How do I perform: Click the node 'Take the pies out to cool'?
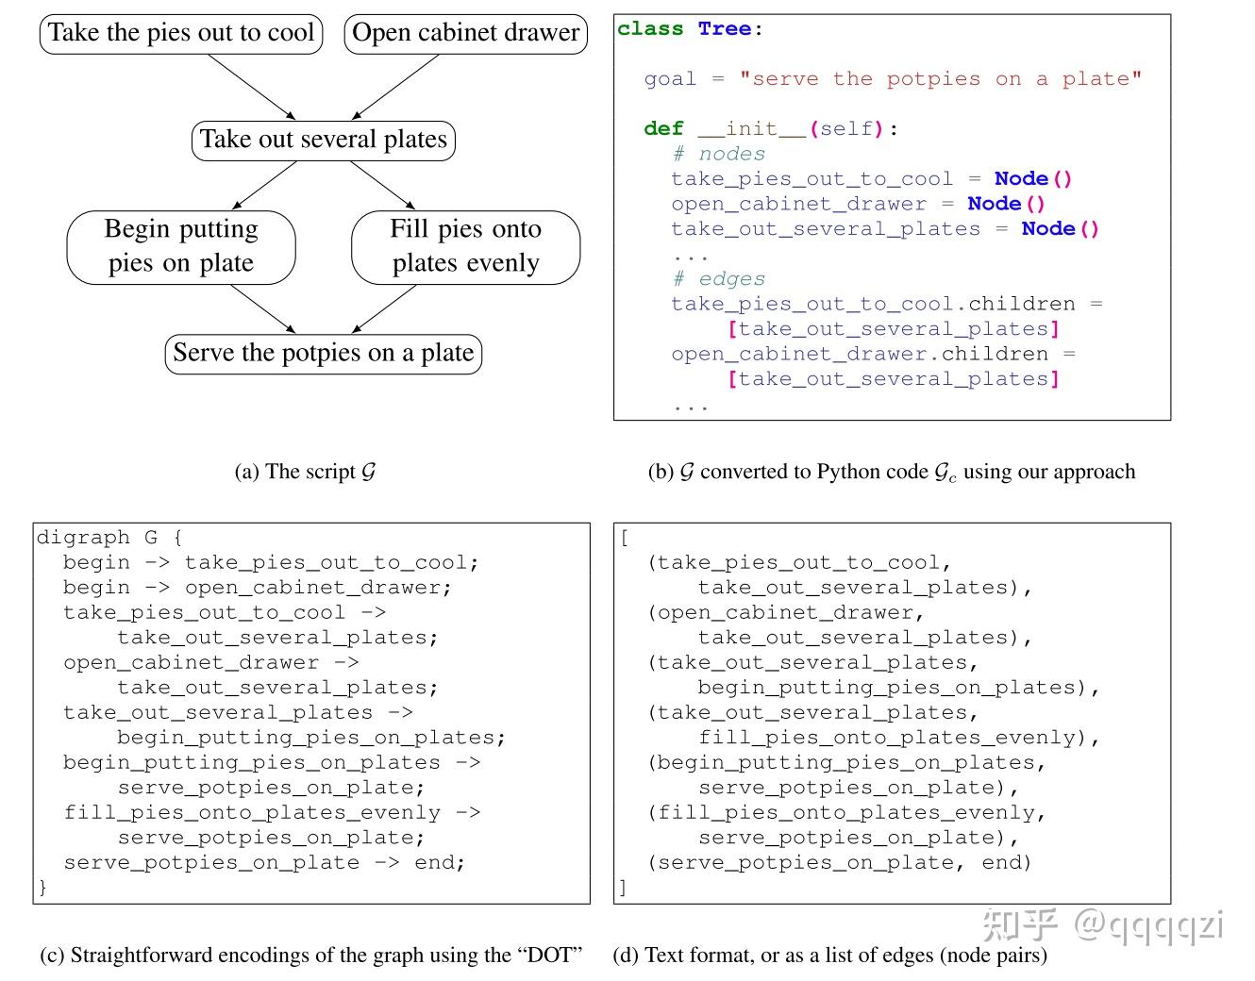(x=181, y=33)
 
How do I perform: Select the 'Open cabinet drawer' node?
(x=465, y=33)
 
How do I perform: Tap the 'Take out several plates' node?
(x=324, y=140)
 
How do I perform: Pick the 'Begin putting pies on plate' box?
(x=181, y=246)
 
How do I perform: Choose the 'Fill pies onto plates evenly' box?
(x=465, y=246)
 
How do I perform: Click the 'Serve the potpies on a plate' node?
(x=324, y=354)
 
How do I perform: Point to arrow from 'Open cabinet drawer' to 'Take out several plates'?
(x=396, y=87)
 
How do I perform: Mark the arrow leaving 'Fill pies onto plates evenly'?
(x=384, y=309)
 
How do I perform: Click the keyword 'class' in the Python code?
(x=650, y=29)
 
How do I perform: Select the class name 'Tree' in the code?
(x=724, y=29)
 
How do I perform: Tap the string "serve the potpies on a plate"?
(x=940, y=79)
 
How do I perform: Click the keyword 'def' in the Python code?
(x=663, y=129)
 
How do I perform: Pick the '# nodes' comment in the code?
(x=718, y=154)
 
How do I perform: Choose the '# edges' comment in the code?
(x=718, y=279)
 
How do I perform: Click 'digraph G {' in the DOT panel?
(x=109, y=538)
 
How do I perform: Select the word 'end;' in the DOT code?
(x=440, y=862)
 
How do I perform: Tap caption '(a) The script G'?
(x=305, y=472)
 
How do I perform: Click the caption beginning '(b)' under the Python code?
(x=891, y=472)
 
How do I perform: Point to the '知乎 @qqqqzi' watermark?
(x=1102, y=924)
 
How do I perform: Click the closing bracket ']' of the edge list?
(x=623, y=887)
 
